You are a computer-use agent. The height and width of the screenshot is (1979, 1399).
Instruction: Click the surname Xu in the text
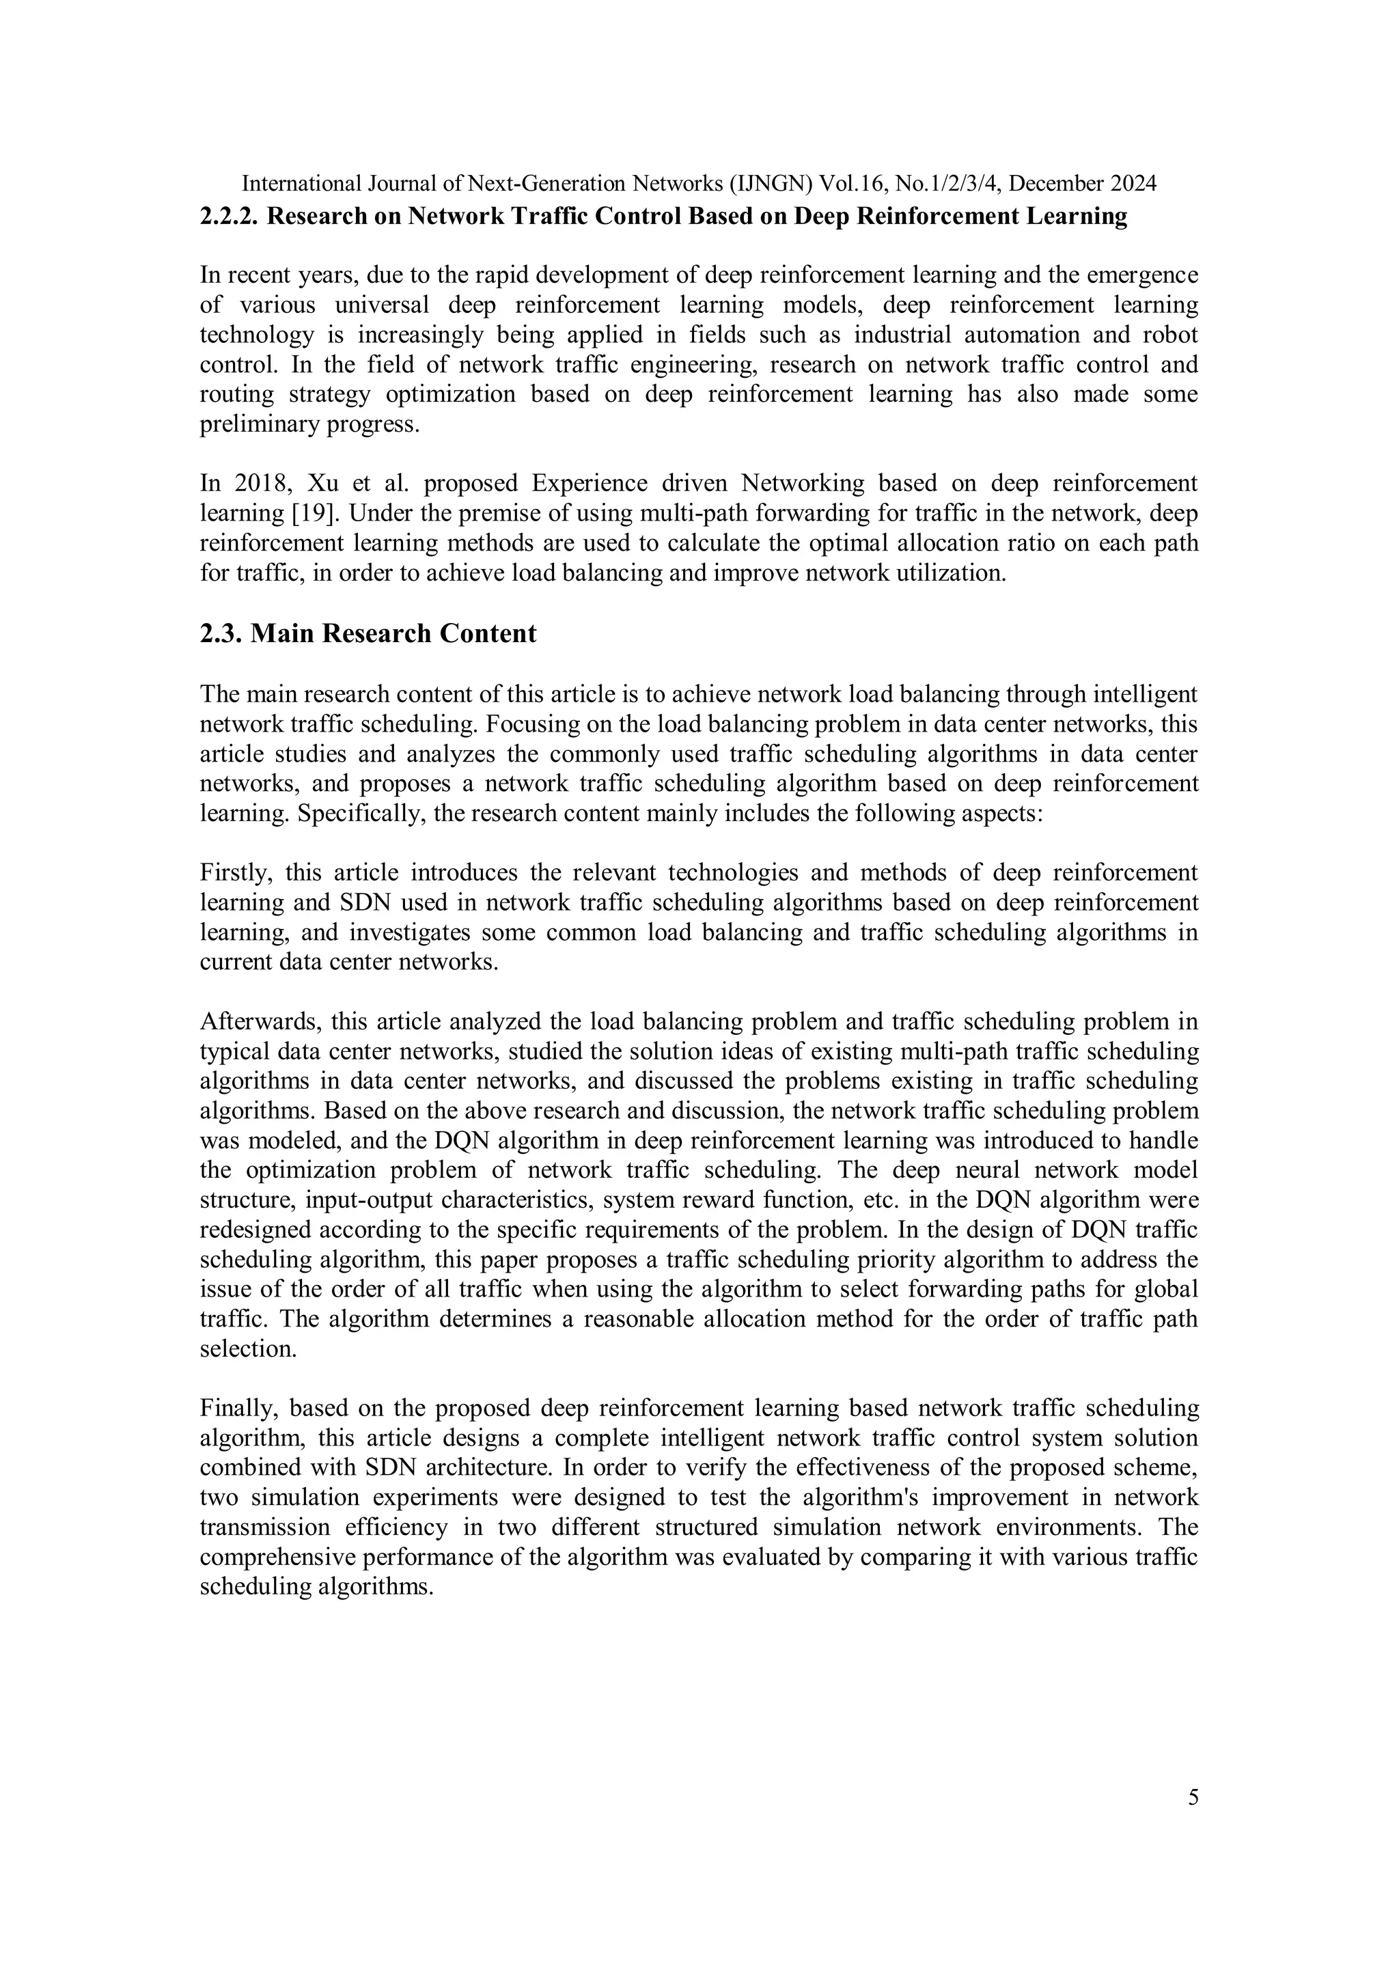320,483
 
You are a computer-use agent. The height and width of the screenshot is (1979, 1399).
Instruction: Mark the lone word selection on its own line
247,1349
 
